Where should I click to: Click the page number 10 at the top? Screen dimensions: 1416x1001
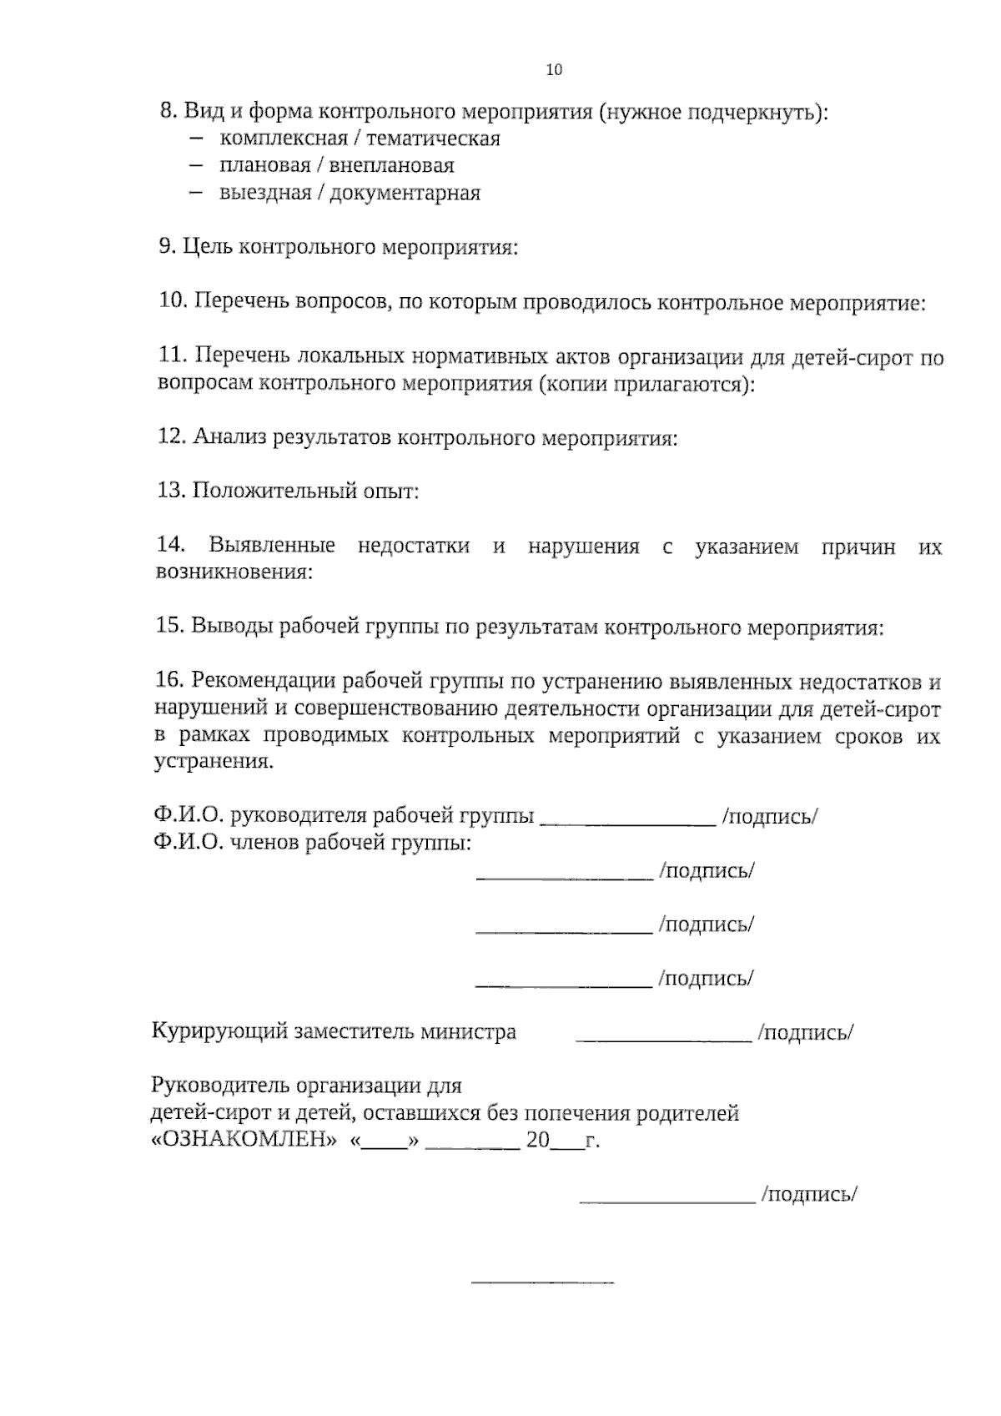554,70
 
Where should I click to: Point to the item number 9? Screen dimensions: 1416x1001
165,247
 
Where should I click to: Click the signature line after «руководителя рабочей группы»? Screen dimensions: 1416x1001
628,823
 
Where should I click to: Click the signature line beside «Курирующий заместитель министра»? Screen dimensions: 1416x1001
664,1040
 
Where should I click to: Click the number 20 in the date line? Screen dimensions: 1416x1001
538,1141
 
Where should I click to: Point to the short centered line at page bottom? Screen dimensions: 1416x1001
542,1281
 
